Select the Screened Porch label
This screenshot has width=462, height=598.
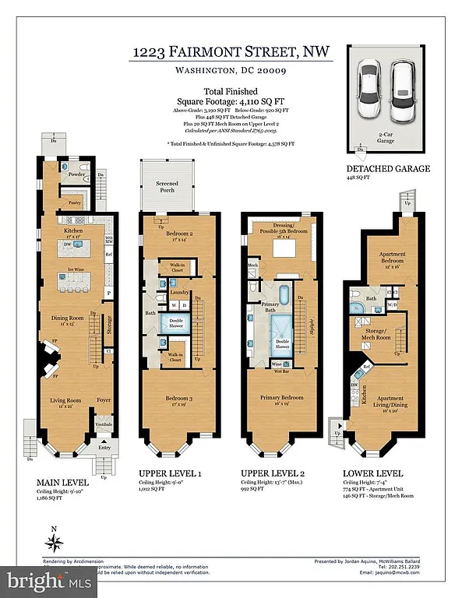pos(166,187)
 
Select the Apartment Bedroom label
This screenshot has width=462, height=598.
pos(383,258)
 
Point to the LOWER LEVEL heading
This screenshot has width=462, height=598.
pos(373,473)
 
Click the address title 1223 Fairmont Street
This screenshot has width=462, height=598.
pos(230,52)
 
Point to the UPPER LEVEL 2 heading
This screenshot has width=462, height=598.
pos(273,473)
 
